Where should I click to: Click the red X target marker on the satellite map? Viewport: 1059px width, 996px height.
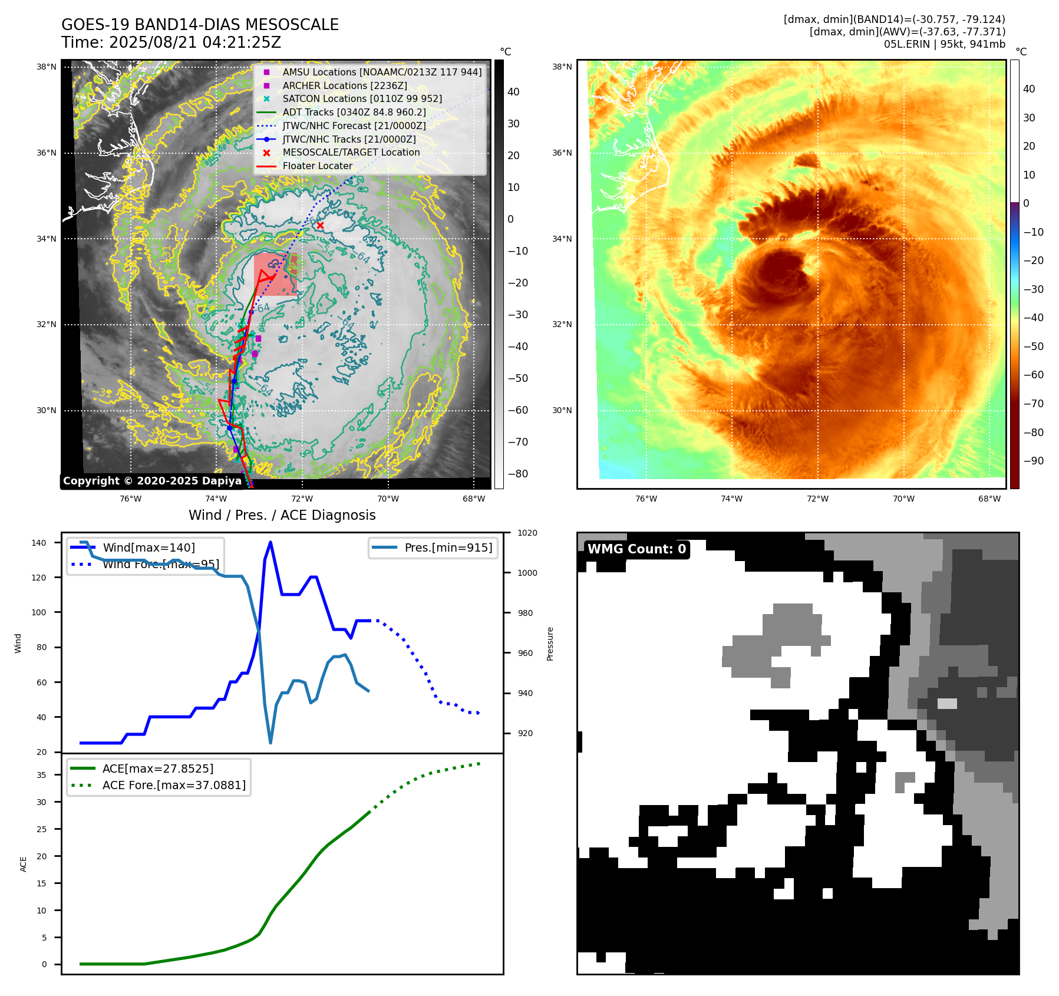pos(320,226)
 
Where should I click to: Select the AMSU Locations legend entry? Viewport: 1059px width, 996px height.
pos(381,72)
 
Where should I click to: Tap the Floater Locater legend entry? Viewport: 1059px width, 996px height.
pos(317,166)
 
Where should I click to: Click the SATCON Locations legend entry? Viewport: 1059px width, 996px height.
pos(362,98)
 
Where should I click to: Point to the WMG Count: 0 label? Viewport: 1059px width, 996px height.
pos(636,549)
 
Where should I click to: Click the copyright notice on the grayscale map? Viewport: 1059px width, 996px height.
pos(152,481)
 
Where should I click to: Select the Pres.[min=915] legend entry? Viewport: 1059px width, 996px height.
pos(448,548)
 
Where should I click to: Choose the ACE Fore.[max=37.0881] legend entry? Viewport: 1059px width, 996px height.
pos(174,785)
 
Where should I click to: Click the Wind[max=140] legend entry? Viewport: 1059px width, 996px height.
pos(149,548)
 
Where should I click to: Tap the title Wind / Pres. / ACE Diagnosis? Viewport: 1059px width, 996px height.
pos(282,515)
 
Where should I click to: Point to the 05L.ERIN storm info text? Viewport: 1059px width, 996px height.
pos(944,44)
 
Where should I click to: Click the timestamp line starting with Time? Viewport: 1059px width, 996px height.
pos(171,42)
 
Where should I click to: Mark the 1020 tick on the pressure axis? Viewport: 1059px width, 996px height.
pos(527,533)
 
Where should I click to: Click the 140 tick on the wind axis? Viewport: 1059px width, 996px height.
pos(39,543)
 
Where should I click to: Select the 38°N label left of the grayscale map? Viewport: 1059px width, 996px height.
pos(47,67)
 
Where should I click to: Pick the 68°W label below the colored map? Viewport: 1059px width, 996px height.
pos(989,499)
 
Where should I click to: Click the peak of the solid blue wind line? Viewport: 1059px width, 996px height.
pos(270,542)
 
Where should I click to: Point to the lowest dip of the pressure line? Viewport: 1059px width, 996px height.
pos(270,743)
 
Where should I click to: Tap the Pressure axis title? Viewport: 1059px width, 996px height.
pos(550,644)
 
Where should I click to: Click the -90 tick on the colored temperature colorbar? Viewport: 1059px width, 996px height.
pos(1034,461)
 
